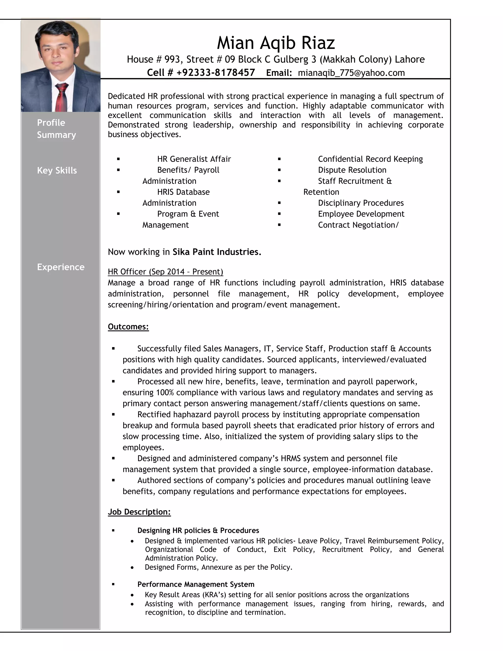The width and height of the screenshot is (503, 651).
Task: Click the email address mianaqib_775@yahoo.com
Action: pos(351,73)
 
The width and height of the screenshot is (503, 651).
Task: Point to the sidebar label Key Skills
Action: pos(57,170)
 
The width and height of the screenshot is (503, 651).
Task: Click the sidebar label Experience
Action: pos(61,267)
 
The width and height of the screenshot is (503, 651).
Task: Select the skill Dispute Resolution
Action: pos(352,170)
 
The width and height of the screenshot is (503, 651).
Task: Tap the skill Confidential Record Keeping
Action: pos(370,159)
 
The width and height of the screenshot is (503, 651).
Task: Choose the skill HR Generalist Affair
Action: pos(194,159)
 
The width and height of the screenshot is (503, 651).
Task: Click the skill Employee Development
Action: pos(361,214)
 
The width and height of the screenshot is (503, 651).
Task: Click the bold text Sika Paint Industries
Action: pos(217,252)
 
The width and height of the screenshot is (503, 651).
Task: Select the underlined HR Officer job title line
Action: pos(165,271)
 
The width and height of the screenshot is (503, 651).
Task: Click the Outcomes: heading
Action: pos(128,327)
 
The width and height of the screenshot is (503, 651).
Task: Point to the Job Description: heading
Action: pos(139,512)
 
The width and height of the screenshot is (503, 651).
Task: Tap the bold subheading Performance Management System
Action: pos(196,584)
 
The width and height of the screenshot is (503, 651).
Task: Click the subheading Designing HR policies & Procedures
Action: pos(198,530)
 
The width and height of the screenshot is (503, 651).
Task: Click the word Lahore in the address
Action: pos(409,59)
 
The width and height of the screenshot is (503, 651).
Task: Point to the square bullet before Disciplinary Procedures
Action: pos(279,203)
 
